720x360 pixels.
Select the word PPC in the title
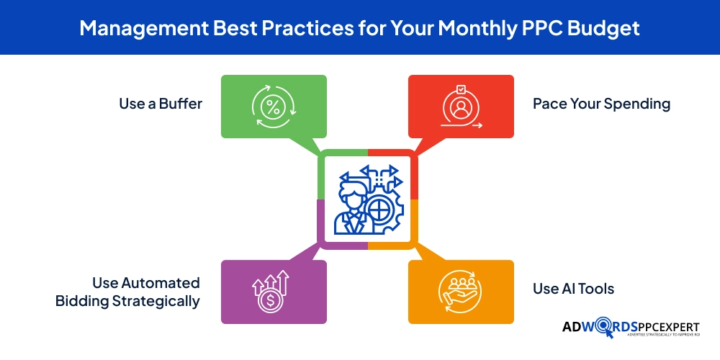point(527,28)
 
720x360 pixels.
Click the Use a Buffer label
point(161,104)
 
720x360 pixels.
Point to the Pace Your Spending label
point(601,104)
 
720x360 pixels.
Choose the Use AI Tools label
point(573,289)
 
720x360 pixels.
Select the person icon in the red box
point(461,109)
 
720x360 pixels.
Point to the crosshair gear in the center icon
point(380,212)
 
